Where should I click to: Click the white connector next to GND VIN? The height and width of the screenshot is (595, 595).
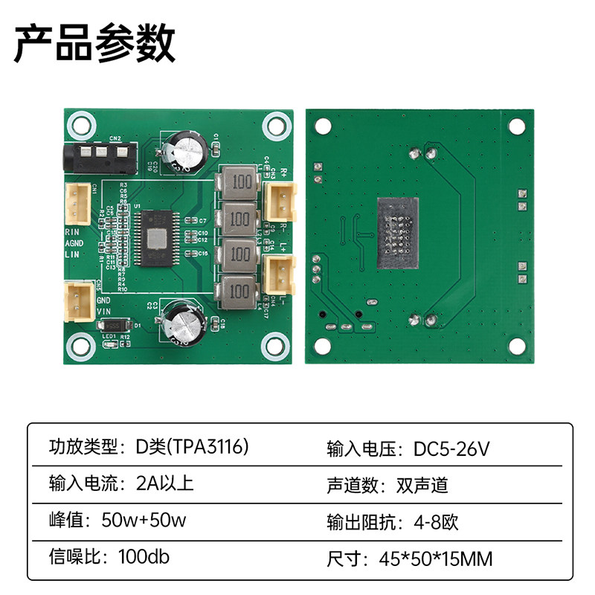click(77, 300)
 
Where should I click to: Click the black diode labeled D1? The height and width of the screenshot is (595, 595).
click(114, 326)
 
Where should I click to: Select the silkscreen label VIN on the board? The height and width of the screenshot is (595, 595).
click(105, 312)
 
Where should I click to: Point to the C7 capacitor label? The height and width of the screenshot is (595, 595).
click(202, 222)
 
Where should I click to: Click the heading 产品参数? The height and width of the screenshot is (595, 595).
click(94, 43)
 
